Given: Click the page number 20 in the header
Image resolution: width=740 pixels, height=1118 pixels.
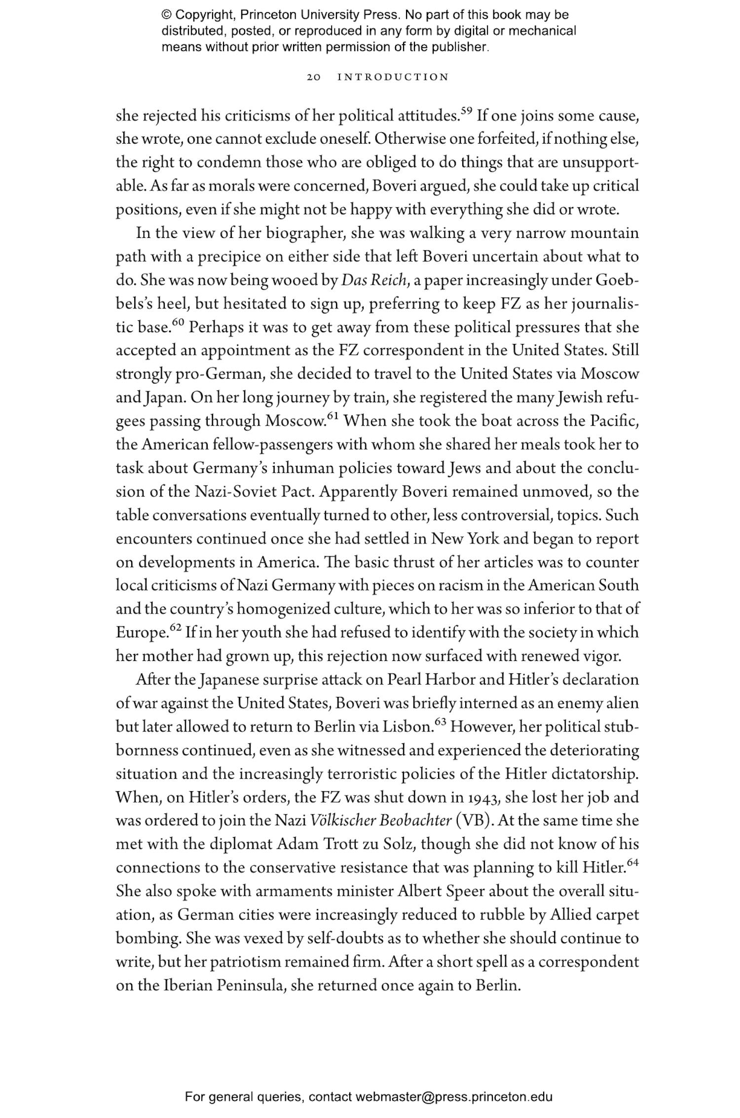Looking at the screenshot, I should coord(314,77).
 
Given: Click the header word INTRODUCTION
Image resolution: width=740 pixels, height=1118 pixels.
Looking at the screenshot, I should coord(393,77).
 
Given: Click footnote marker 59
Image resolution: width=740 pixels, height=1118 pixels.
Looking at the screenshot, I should coord(467,111).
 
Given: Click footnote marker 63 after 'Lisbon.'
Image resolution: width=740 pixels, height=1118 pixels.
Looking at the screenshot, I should coord(441,722).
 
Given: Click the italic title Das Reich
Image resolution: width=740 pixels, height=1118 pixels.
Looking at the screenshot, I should coord(374,280).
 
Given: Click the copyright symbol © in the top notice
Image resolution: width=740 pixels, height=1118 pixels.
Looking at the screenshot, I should coord(166,15).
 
